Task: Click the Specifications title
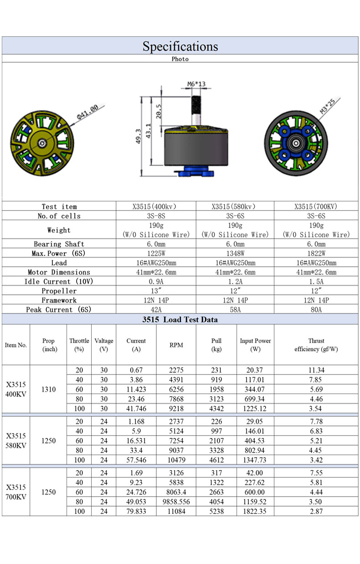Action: pos(180,46)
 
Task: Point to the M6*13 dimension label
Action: pos(196,84)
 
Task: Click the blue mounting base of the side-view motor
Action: pos(195,172)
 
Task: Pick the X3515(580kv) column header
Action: pos(235,206)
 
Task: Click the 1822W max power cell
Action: pos(316,253)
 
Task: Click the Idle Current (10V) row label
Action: pos(59,282)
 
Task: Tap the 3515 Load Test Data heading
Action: pos(180,319)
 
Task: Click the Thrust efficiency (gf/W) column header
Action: pos(316,345)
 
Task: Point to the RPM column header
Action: pos(176,345)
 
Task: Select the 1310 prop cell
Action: pos(48,390)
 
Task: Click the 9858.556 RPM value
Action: pos(176,502)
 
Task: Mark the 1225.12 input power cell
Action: pos(255,408)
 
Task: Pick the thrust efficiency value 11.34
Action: pos(316,370)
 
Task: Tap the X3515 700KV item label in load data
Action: pos(16,492)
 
